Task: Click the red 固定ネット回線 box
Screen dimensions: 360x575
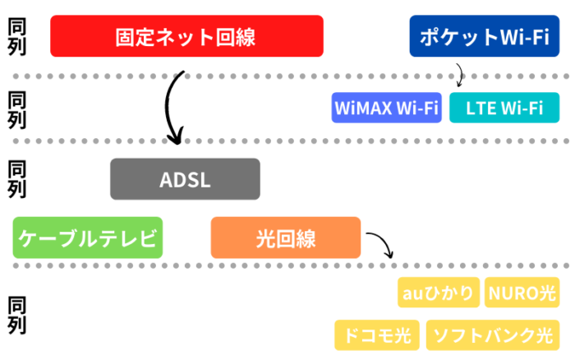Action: (x=186, y=36)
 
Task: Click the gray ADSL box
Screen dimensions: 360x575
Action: (x=185, y=179)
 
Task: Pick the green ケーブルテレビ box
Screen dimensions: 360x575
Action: (x=88, y=238)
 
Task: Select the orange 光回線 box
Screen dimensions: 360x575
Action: (x=285, y=238)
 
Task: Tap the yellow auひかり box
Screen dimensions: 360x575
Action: (x=439, y=293)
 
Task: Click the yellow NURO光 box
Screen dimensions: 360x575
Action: (x=524, y=293)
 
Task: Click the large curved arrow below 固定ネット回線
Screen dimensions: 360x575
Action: (x=172, y=107)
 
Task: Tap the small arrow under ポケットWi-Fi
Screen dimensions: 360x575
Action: (x=459, y=76)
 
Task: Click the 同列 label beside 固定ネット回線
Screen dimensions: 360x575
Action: (x=16, y=36)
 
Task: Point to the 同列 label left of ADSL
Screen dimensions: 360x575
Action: (x=16, y=180)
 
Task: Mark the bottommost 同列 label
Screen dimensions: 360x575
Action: (x=16, y=315)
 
